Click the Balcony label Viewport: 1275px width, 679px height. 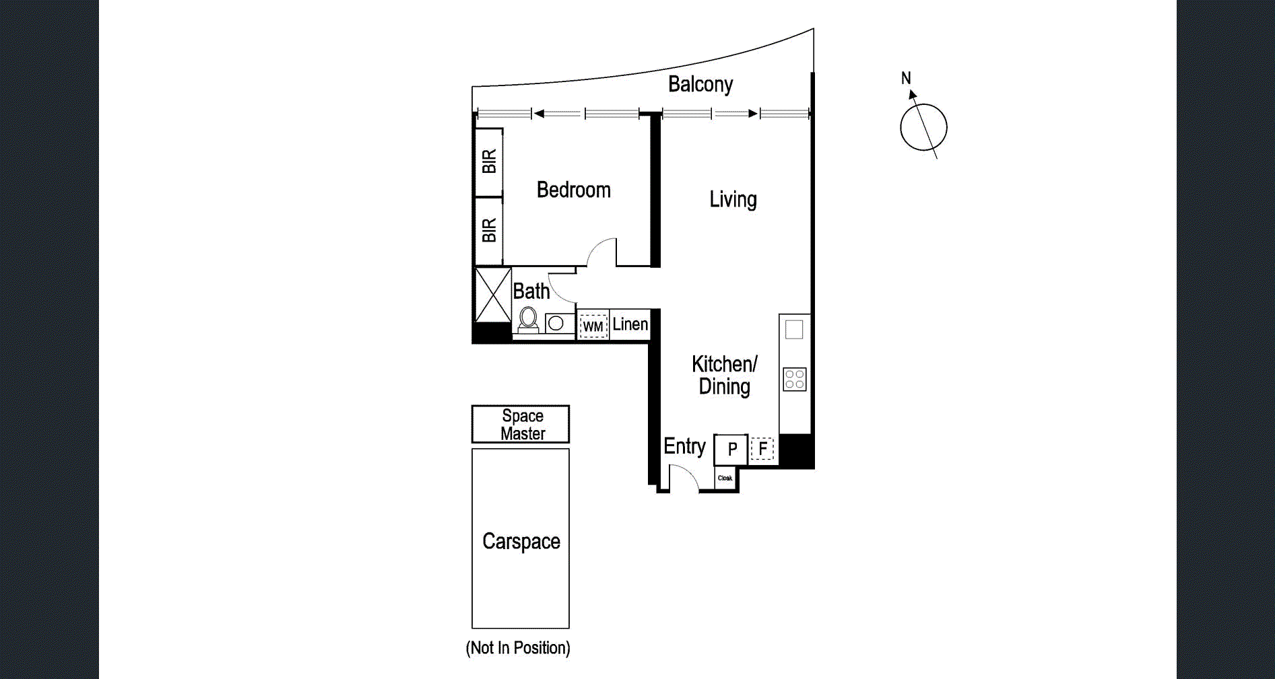pyautogui.click(x=700, y=85)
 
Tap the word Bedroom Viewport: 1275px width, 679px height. pyautogui.click(x=573, y=190)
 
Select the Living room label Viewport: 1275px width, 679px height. pyautogui.click(x=733, y=200)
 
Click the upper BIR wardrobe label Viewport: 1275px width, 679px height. pyautogui.click(x=489, y=162)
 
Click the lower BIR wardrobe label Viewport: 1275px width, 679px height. pyautogui.click(x=489, y=230)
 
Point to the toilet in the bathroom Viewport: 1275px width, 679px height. pyautogui.click(x=529, y=320)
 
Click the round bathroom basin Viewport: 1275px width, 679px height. pyautogui.click(x=556, y=324)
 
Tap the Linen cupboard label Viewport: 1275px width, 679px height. pyautogui.click(x=630, y=324)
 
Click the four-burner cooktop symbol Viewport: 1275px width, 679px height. pyautogui.click(x=795, y=380)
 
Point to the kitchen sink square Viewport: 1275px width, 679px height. pyautogui.click(x=795, y=330)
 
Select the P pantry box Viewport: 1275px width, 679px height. pyautogui.click(x=731, y=449)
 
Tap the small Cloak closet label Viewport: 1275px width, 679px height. pyautogui.click(x=725, y=478)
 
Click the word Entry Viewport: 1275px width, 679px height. pyautogui.click(x=684, y=446)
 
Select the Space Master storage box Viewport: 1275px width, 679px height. pyautogui.click(x=521, y=425)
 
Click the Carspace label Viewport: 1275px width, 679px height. pyautogui.click(x=521, y=542)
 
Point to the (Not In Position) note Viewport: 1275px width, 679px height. pyautogui.click(x=518, y=648)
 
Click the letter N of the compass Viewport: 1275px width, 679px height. pyautogui.click(x=906, y=79)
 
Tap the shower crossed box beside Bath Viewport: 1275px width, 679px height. pyautogui.click(x=493, y=295)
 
